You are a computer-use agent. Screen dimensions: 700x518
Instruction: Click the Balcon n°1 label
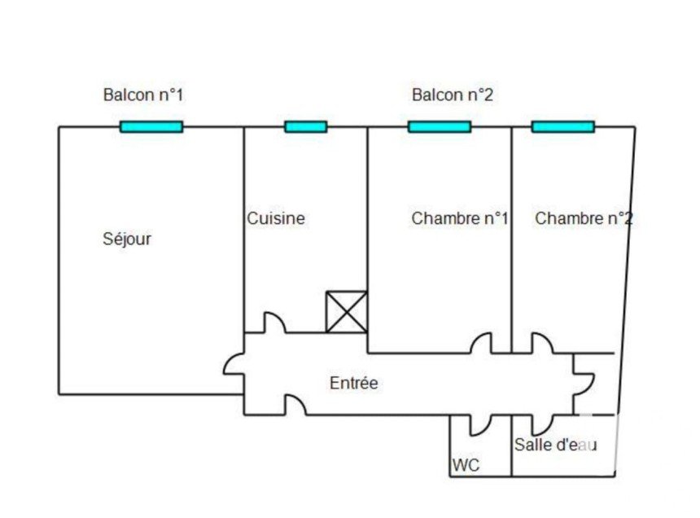[x=143, y=94]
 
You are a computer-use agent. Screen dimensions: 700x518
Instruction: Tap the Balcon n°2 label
[x=453, y=94]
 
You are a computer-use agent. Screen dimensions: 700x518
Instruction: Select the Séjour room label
[x=127, y=239]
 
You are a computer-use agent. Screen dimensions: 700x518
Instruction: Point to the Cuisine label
[x=276, y=218]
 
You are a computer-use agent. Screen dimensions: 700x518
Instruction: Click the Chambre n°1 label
[x=460, y=218]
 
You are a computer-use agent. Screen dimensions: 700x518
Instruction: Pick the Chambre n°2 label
[x=584, y=218]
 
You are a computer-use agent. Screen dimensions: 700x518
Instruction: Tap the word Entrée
[x=353, y=383]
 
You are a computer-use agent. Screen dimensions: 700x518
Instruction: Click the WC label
[x=466, y=465]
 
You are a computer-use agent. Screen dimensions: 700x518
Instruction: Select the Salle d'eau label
[x=555, y=445]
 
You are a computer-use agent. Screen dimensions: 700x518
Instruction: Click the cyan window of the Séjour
[x=151, y=127]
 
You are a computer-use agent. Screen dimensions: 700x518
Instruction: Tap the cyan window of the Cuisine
[x=306, y=127]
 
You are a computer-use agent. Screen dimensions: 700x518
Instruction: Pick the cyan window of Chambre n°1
[x=440, y=127]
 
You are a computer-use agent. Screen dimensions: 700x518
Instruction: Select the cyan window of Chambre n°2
[x=563, y=127]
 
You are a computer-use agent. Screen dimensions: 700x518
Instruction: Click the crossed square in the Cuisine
[x=347, y=312]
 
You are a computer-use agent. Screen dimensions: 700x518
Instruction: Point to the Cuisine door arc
[x=280, y=318]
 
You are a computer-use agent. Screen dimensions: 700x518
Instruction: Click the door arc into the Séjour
[x=229, y=360]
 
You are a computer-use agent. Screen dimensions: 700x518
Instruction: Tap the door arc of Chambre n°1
[x=477, y=340]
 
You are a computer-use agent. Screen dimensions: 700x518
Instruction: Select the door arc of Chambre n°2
[x=547, y=340]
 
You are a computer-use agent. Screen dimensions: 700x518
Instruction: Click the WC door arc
[x=485, y=429]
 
